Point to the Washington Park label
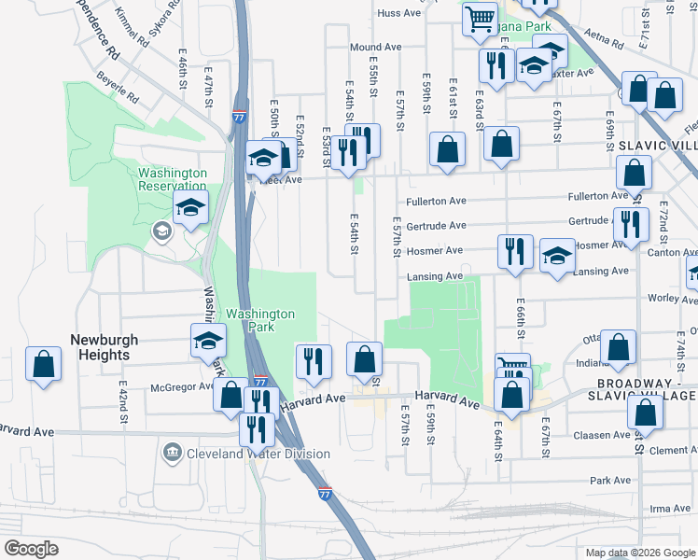point(260,321)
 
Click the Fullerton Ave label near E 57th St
point(437,201)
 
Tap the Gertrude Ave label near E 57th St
point(436,226)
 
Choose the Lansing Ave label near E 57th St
point(435,276)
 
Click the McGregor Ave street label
point(181,387)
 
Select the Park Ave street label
point(611,481)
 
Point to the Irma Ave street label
point(670,508)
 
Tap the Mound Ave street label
point(375,47)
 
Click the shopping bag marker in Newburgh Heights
point(43,364)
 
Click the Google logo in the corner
point(31,549)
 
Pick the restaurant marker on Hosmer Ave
point(515,251)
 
